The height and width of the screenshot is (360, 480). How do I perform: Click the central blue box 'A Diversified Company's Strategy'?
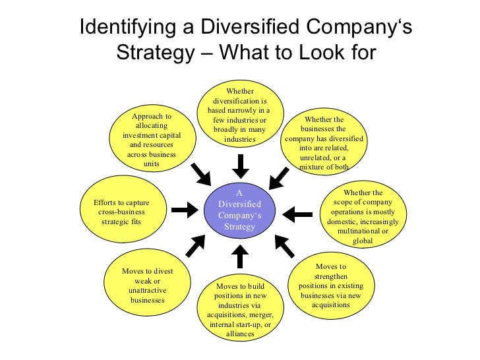coord(240,210)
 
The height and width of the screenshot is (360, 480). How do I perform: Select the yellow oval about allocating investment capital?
coord(151,139)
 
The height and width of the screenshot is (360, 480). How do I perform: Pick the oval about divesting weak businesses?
coord(147,285)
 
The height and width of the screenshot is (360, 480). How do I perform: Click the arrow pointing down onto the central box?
coord(240,165)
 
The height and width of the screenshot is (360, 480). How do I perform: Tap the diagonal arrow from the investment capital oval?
coord(201,175)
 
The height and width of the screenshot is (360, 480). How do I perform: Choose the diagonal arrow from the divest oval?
coord(196,245)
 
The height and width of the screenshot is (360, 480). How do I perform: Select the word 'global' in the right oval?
coord(363,241)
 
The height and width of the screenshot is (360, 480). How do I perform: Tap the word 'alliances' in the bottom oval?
coord(240,334)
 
